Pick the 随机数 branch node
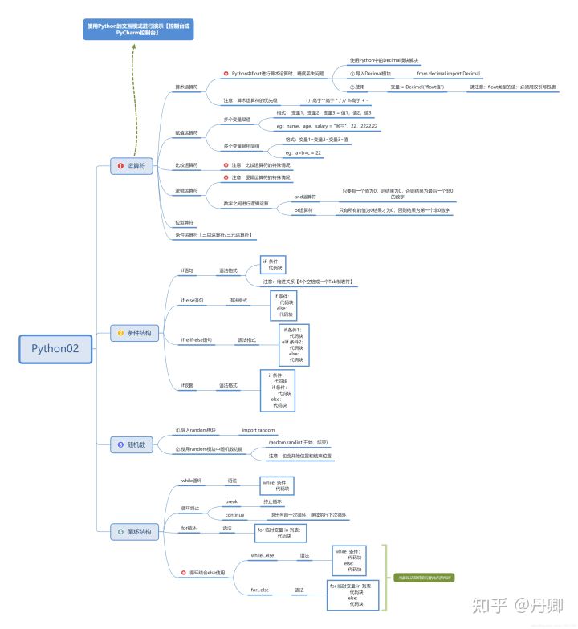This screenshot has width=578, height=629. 132,444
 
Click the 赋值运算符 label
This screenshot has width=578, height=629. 186,132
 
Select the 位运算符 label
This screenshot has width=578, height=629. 184,221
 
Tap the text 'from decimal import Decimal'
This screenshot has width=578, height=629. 448,73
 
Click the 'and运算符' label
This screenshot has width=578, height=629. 305,197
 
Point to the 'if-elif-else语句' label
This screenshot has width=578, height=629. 197,340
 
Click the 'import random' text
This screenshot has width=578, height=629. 258,430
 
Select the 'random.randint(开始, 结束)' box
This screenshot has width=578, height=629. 298,443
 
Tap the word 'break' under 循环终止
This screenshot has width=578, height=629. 231,501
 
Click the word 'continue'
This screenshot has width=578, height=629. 235,514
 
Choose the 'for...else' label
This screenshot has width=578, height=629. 260,590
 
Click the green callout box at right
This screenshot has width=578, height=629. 424,576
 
